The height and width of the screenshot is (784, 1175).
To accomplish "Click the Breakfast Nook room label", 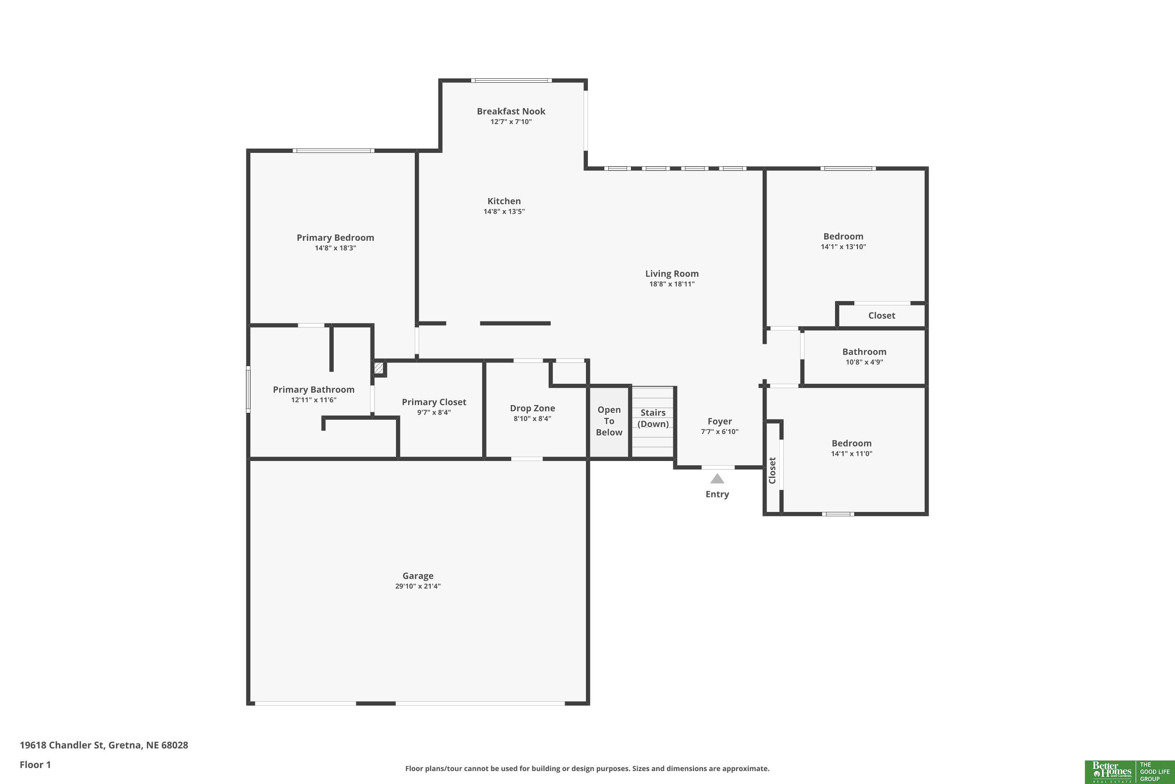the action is coord(511,111).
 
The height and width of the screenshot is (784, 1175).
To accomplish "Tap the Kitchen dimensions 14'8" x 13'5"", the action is coord(504,212).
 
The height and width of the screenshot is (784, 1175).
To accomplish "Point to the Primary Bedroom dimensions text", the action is coord(335,248).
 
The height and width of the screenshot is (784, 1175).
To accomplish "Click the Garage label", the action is coord(418,576).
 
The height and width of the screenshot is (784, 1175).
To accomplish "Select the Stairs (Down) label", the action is coord(653,418).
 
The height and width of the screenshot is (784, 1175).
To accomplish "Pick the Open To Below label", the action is coord(609,421).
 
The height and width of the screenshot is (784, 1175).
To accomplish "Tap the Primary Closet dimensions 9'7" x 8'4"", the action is coord(434,412).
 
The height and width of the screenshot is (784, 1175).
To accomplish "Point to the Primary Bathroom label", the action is coord(314,390).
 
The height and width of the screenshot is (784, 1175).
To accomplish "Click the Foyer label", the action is coord(720,421).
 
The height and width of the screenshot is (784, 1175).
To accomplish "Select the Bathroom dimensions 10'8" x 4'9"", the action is coord(864,362).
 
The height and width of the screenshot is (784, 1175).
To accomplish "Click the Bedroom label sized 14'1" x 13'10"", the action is coord(843,236).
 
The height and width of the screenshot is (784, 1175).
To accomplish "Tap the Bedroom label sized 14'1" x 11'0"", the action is coord(851,443).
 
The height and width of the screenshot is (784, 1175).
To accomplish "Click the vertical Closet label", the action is coord(772,470).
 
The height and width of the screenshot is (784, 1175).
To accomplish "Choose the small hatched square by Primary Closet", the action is coord(379,368).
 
